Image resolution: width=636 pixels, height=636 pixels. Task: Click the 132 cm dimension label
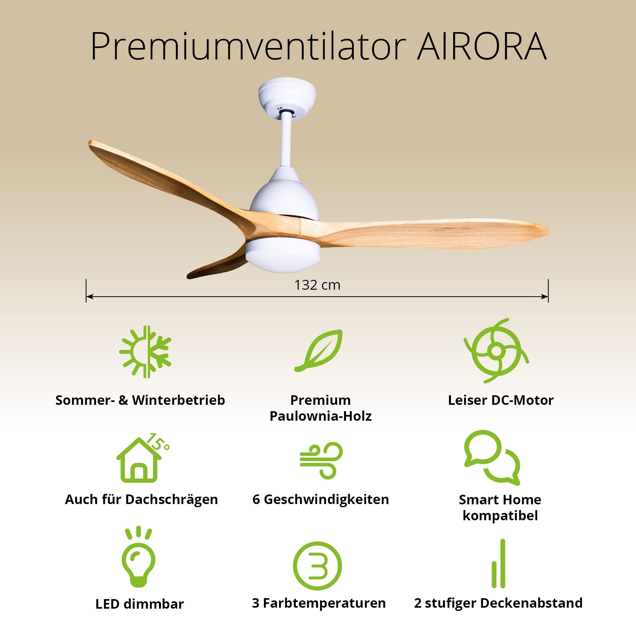pos(317,285)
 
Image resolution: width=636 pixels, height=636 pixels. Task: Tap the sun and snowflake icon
pos(145,352)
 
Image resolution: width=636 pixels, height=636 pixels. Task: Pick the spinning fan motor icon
pos(496,350)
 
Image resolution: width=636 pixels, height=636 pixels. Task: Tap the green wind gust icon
pos(321,460)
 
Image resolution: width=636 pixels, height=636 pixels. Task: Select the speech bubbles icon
pos(492,457)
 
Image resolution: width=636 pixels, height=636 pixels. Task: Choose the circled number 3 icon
pos(317,566)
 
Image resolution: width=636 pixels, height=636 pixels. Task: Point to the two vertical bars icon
pos(498,563)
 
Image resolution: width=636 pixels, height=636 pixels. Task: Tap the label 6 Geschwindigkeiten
pos(321,499)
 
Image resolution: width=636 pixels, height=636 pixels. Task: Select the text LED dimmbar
pos(140,604)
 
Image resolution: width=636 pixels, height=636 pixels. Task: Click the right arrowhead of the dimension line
pos(545,297)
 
